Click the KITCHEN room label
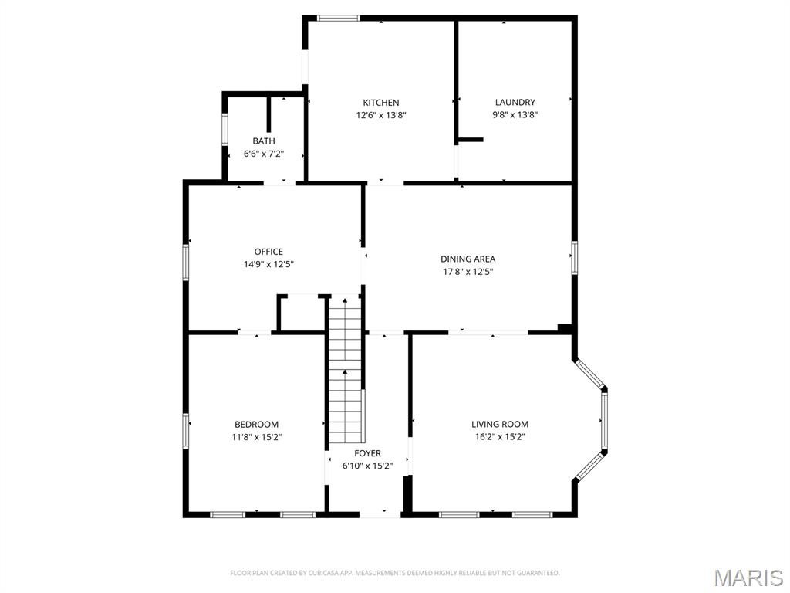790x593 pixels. click(381, 103)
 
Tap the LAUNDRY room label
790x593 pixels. click(515, 103)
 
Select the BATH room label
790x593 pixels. click(264, 141)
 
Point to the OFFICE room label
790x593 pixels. click(268, 252)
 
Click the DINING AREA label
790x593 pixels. click(468, 259)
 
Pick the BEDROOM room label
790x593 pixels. click(256, 425)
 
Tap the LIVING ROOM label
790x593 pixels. click(500, 425)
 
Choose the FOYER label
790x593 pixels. click(368, 453)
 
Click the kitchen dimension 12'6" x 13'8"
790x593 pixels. click(381, 116)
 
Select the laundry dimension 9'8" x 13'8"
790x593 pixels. click(515, 115)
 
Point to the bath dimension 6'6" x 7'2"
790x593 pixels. click(264, 154)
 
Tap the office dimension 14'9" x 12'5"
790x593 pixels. click(268, 264)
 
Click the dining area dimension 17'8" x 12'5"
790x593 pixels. click(468, 272)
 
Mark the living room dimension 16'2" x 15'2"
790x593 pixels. click(500, 437)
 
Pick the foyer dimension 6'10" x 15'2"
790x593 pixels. click(368, 466)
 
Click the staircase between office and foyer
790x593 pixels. click(346, 371)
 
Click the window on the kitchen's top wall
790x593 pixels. click(339, 19)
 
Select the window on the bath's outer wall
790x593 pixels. click(225, 130)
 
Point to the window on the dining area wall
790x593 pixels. click(574, 258)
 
